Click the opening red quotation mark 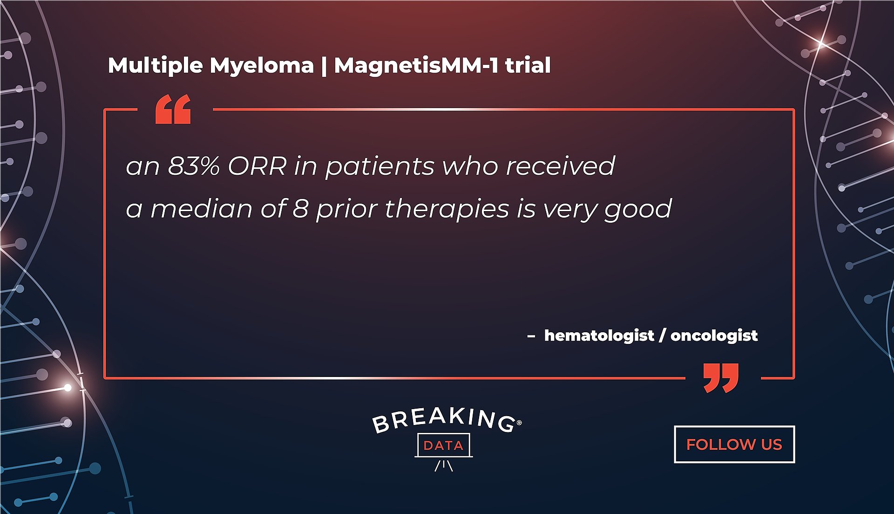(x=173, y=109)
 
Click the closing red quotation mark (x=721, y=378)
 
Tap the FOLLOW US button (x=734, y=444)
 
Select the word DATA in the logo (x=443, y=445)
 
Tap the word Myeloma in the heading (x=262, y=66)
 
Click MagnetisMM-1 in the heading (x=416, y=66)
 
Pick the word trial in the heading (x=528, y=65)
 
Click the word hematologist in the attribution (x=599, y=336)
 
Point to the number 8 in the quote (x=301, y=208)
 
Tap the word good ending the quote (x=638, y=209)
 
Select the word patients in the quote (x=380, y=166)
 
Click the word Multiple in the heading (x=155, y=66)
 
